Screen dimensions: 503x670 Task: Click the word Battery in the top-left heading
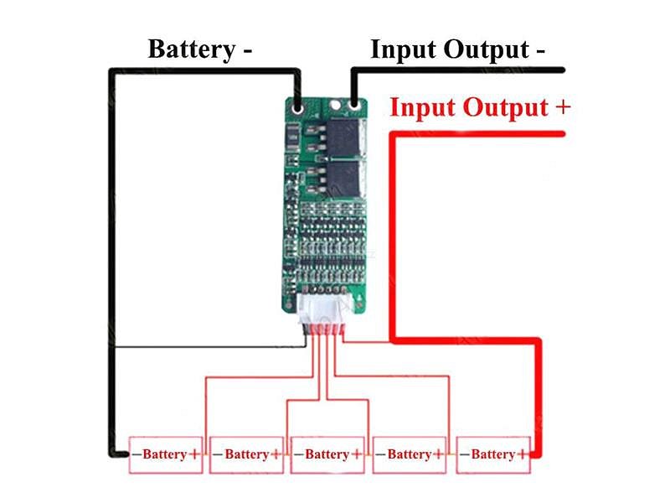tap(190, 48)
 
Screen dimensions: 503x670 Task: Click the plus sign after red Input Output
tap(562, 108)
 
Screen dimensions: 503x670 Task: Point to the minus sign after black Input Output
tap(539, 50)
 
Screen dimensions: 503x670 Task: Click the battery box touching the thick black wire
tap(165, 454)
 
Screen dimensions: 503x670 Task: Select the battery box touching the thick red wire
tap(493, 454)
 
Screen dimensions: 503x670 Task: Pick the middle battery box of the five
tap(327, 454)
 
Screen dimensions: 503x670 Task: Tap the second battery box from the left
tap(246, 454)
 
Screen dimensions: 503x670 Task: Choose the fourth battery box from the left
tap(410, 454)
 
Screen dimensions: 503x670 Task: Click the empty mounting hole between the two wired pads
tap(335, 106)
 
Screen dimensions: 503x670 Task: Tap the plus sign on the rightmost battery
tap(523, 454)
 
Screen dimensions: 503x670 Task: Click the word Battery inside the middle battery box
tap(327, 454)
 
